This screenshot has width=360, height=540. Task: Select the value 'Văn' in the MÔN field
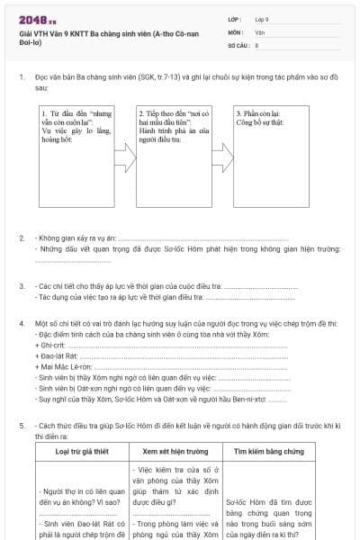click(259, 31)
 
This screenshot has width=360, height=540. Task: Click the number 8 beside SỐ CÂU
click(257, 44)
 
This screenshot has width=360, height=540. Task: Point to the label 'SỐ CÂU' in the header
click(238, 44)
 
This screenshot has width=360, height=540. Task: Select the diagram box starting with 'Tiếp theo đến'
click(173, 153)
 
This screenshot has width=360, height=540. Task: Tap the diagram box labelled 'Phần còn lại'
click(269, 153)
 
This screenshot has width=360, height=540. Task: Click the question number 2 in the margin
click(22, 238)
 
